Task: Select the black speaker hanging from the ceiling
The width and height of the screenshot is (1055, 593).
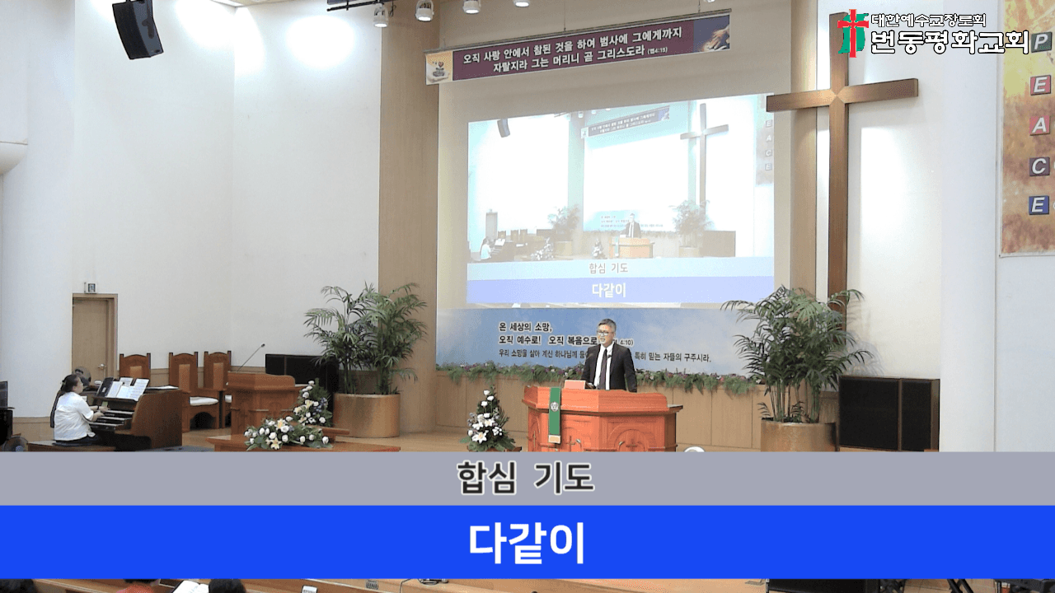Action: pyautogui.click(x=137, y=29)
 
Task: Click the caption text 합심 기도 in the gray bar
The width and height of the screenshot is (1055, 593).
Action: pyautogui.click(x=525, y=479)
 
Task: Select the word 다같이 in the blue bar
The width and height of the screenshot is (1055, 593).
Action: pyautogui.click(x=527, y=541)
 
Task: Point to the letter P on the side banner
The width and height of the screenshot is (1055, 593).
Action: pyautogui.click(x=1040, y=44)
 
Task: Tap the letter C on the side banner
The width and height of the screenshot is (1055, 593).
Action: pyautogui.click(x=1039, y=166)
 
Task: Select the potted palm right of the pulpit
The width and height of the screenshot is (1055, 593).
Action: pyautogui.click(x=795, y=362)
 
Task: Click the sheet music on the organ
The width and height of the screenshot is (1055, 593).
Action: pyautogui.click(x=129, y=388)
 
